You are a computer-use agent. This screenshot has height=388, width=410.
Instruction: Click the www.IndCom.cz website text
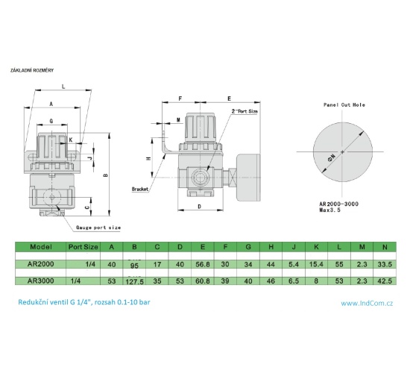367,303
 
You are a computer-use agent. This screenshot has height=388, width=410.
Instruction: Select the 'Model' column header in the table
41,245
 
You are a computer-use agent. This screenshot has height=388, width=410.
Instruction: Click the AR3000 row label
40,281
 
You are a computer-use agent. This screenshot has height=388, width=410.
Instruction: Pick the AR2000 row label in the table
40,263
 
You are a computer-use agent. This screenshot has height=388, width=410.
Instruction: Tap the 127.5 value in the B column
135,281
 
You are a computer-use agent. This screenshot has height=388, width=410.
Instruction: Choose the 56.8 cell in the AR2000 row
203,263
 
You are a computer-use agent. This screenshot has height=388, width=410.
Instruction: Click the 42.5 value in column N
385,281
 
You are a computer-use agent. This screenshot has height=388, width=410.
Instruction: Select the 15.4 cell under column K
318,263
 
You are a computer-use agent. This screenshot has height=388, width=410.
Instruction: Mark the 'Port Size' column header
83,245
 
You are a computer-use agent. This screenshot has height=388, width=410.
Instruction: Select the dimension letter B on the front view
106,176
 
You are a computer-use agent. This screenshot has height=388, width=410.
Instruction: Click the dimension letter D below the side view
200,206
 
